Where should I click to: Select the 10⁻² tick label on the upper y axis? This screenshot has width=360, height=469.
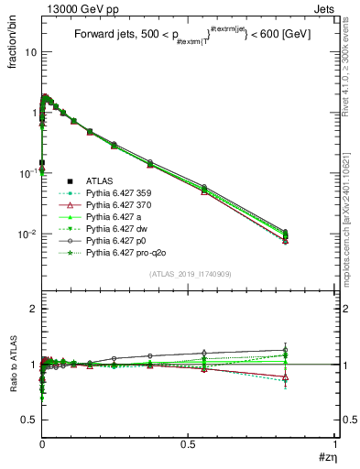point(28,234)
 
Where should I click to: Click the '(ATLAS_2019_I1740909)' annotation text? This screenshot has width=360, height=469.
point(189,275)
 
